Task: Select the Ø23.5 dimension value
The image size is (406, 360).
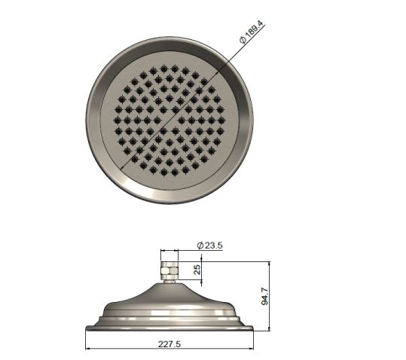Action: coord(210,246)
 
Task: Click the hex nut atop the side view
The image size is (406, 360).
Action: coord(169,269)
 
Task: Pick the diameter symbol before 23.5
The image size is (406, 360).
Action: coord(199,246)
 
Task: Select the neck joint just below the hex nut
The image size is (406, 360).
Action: coord(169,280)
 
